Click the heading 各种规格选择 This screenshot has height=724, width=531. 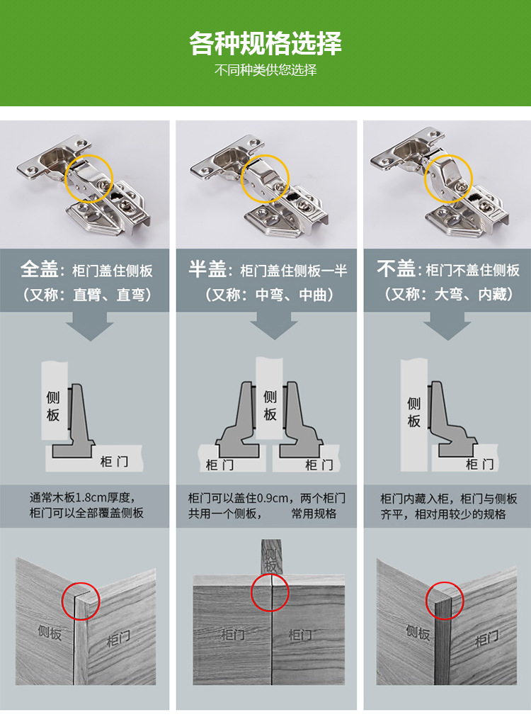pyautogui.click(x=265, y=43)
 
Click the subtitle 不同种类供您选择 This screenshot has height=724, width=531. pyautogui.click(x=265, y=71)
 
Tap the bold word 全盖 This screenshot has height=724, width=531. pyautogui.click(x=39, y=269)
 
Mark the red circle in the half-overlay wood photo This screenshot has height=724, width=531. pyautogui.click(x=270, y=592)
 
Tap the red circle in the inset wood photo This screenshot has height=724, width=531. pyautogui.click(x=445, y=602)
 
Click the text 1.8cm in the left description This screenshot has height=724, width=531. pyautogui.click(x=90, y=497)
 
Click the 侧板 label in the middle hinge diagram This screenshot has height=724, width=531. pyautogui.click(x=270, y=405)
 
